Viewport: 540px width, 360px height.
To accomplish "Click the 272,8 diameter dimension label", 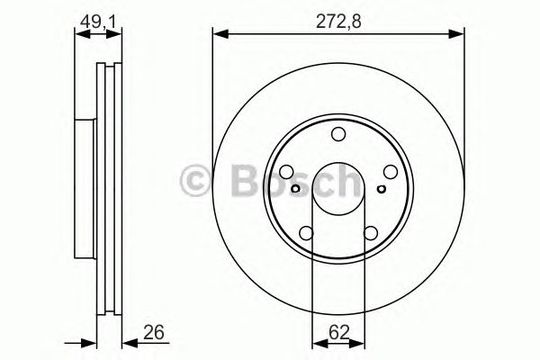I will click(337, 17).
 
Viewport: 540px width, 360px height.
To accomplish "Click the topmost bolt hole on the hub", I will click(338, 135).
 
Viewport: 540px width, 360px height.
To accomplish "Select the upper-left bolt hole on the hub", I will click(286, 173).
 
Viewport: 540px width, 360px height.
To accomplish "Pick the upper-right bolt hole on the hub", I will click(391, 173).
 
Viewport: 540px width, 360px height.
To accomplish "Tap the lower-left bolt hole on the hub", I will click(306, 234).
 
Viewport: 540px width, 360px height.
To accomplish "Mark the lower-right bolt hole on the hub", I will click(371, 234).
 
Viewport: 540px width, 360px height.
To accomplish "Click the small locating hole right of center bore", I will click(382, 188).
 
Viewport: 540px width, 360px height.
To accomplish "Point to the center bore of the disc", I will click(338, 191).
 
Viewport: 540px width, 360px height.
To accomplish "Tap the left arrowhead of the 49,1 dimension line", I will click(77, 34).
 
